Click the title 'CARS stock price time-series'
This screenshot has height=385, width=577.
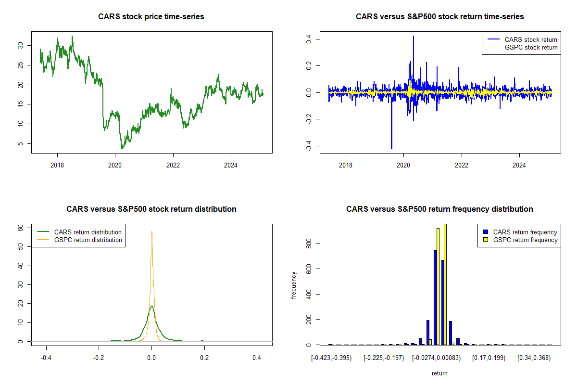(151, 17)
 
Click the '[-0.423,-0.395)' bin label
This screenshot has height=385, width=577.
(331, 358)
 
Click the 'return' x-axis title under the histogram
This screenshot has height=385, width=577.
(439, 373)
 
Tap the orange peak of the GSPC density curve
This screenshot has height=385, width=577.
(152, 232)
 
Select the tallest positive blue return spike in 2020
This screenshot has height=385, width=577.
(413, 37)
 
